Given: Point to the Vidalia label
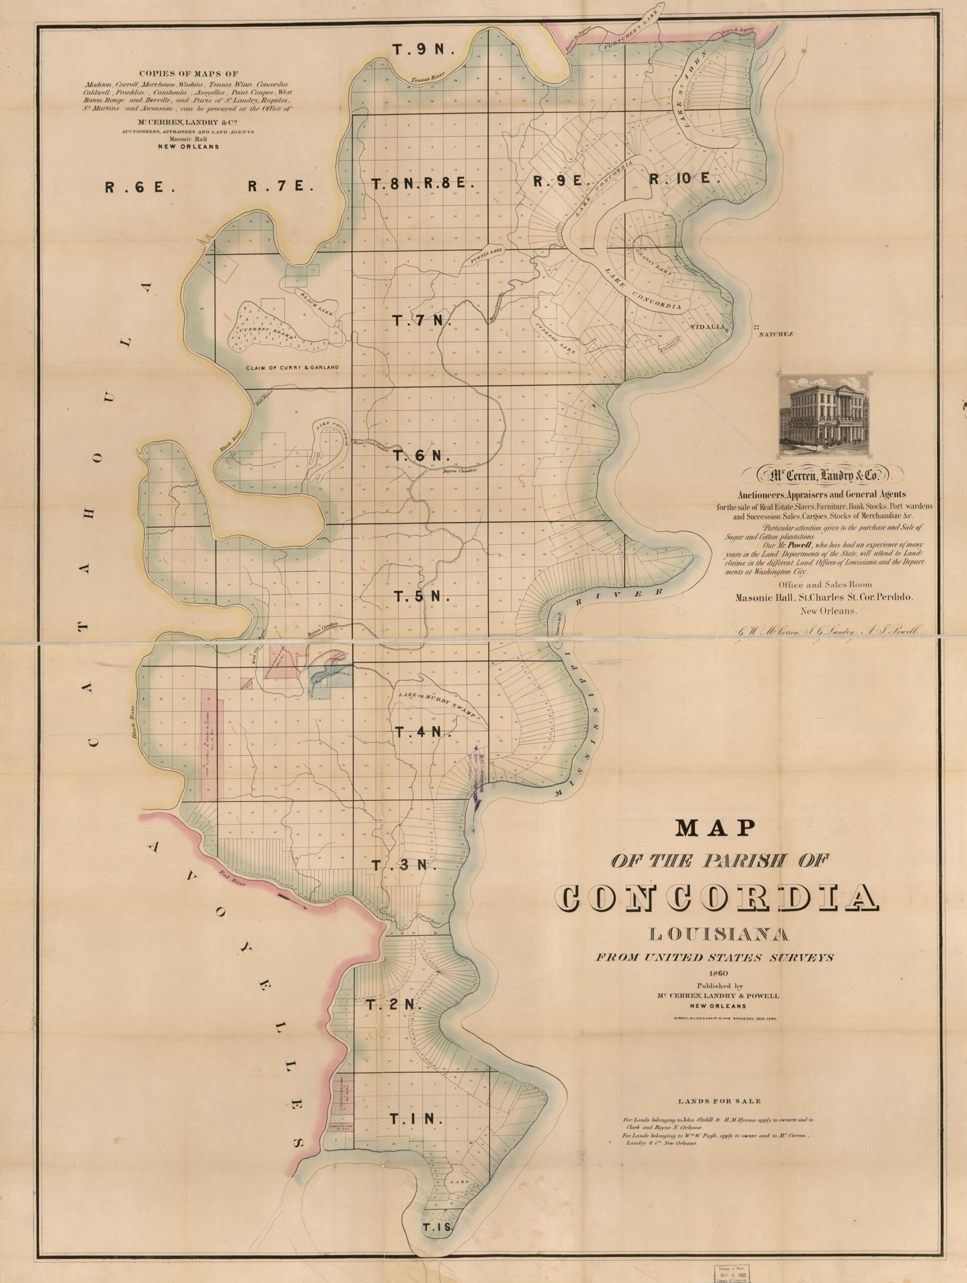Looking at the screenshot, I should coord(706,326).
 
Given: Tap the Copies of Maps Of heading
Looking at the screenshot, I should coord(188,74).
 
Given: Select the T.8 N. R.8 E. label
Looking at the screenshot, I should coord(423,184).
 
